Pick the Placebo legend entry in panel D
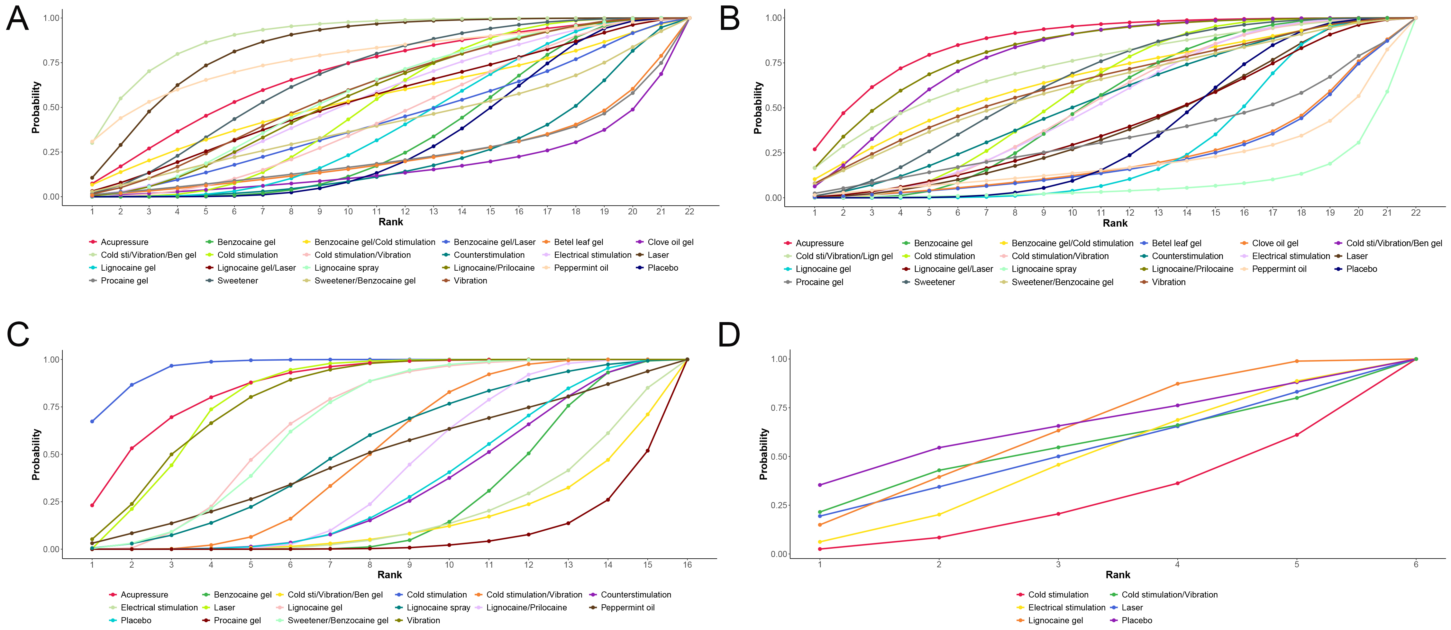1131,620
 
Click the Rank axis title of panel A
391,222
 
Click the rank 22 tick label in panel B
1416,213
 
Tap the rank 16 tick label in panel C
687,565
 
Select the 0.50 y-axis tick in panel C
52,455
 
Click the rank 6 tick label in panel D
1416,564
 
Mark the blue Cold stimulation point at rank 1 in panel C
92,421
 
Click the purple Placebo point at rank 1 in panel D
820,485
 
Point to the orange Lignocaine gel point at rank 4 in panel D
1177,384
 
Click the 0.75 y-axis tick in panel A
52,62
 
